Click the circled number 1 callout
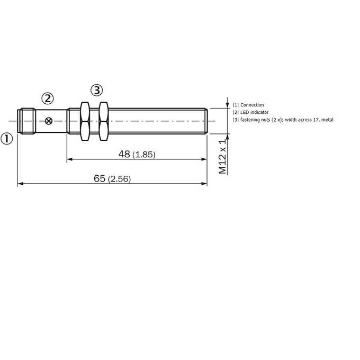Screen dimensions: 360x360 pyautogui.click(x=7, y=139)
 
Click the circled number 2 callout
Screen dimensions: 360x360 pyautogui.click(x=48, y=98)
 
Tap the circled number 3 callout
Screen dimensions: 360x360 pyautogui.click(x=97, y=90)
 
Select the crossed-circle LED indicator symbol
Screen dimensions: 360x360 pyautogui.click(x=49, y=121)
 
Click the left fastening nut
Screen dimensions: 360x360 pyautogui.click(x=85, y=121)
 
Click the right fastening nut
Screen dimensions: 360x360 pyautogui.click(x=104, y=121)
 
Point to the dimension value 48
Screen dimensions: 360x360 pyautogui.click(x=124, y=154)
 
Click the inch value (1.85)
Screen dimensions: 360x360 pyautogui.click(x=144, y=155)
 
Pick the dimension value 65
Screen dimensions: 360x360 pyautogui.click(x=100, y=178)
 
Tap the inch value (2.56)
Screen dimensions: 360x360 pyautogui.click(x=120, y=179)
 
